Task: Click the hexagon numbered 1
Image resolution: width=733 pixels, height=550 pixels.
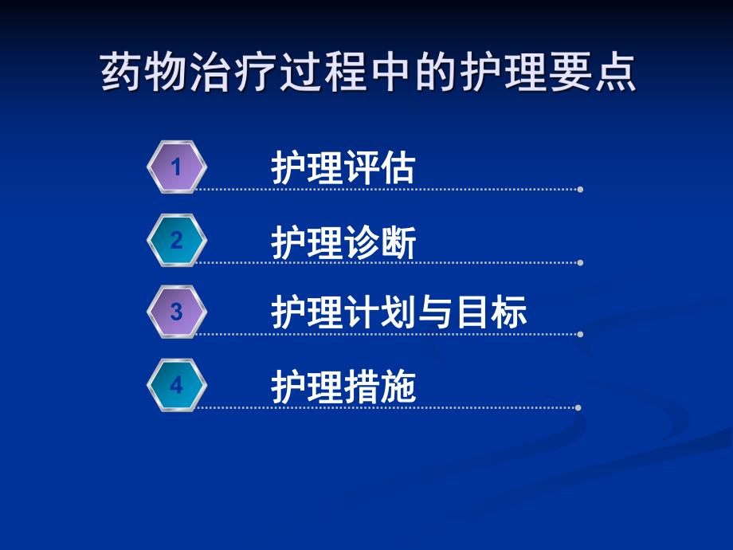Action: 177,167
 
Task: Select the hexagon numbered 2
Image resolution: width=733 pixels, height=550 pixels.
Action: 177,240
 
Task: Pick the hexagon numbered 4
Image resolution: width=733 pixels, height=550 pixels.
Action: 177,386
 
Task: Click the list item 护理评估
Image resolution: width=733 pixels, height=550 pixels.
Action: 343,168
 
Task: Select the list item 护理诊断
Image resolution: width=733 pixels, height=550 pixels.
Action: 343,242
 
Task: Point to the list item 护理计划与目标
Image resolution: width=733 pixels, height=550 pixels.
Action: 399,313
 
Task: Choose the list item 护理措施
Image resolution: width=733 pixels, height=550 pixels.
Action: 343,388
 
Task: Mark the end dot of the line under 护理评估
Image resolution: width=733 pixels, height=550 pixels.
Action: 580,189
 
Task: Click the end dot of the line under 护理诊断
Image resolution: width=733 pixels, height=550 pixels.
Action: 580,262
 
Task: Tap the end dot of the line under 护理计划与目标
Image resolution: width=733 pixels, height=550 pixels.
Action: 580,334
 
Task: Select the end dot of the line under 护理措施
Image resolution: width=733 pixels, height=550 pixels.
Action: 578,407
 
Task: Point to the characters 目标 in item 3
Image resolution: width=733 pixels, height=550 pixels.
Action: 491,313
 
